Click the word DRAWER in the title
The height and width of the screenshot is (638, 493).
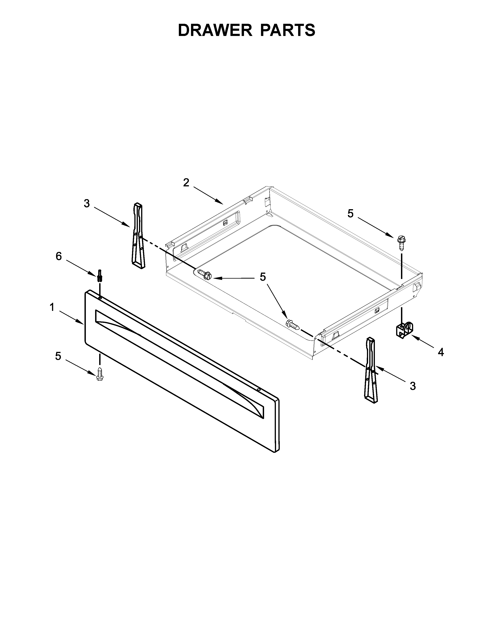coord(215,30)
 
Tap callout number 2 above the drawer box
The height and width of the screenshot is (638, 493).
coord(186,183)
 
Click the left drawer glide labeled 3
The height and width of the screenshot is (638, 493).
coord(138,235)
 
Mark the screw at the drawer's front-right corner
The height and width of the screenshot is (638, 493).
coord(292,324)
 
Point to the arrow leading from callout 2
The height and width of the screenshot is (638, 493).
coord(208,195)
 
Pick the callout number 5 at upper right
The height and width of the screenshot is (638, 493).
coord(351,214)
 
